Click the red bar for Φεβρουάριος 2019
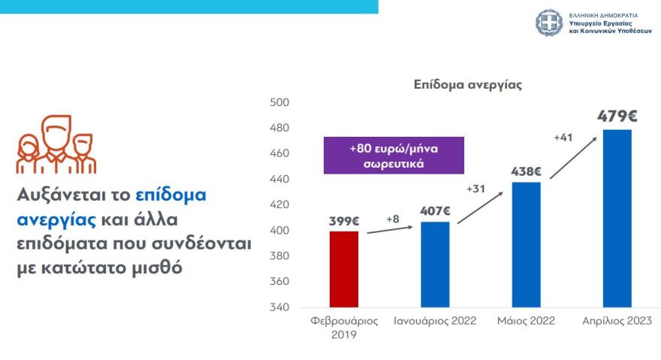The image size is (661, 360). pos(343,269)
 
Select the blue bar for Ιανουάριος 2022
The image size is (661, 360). pos(435,265)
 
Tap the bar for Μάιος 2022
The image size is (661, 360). pos(526,244)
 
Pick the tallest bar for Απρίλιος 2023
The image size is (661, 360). pos(617,218)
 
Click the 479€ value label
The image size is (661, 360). pos(617,116)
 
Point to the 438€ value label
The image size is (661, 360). pos(526,171)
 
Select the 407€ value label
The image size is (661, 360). pos(435,211)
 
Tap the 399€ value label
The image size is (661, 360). pos(343,221)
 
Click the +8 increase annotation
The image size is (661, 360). pos(393,219)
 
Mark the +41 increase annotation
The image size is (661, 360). pos(563,138)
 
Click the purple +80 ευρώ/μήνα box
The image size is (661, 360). pos(394,155)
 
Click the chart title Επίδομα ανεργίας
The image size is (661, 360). pos(467,85)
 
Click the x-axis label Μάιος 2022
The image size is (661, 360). pos(526,321)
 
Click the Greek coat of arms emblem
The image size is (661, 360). pos(548,23)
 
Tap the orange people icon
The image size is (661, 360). pos(56,144)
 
